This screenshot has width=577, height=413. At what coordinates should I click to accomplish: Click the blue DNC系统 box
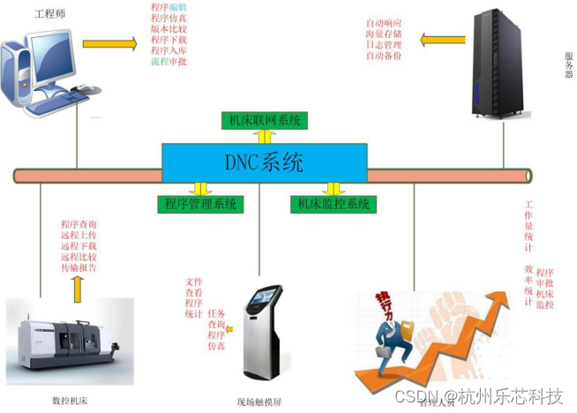click(265, 162)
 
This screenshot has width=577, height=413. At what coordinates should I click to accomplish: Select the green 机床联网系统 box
click(264, 120)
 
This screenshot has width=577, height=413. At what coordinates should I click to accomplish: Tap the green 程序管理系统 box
click(200, 205)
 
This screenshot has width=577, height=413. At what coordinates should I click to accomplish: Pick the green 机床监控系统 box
click(333, 205)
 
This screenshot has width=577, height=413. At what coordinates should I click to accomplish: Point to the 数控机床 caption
click(71, 402)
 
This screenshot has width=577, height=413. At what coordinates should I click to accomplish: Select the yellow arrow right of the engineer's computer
click(109, 43)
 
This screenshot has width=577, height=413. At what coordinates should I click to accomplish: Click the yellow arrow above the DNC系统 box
click(264, 136)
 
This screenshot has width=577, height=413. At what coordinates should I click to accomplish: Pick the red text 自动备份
click(384, 56)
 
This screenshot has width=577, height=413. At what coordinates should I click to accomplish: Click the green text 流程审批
click(169, 62)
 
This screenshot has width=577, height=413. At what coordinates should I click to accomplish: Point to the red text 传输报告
click(79, 267)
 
